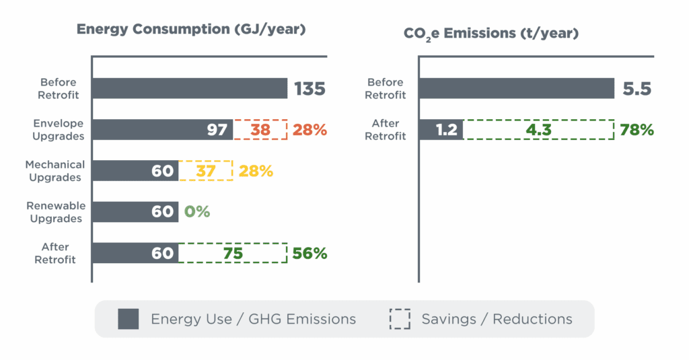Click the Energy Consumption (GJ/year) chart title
click(191, 30)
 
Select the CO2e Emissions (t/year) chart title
click(491, 33)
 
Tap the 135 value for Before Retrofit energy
click(310, 88)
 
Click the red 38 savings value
click(260, 130)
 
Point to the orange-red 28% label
click(310, 130)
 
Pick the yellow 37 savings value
click(206, 171)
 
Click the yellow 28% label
click(256, 171)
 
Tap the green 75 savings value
click(232, 253)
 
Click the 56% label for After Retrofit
click(310, 253)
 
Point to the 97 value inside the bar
click(217, 130)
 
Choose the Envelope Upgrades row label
click(59, 130)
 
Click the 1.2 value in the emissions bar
click(447, 130)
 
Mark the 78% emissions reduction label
click(637, 130)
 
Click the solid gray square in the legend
click(129, 319)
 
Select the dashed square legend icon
click(400, 319)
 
